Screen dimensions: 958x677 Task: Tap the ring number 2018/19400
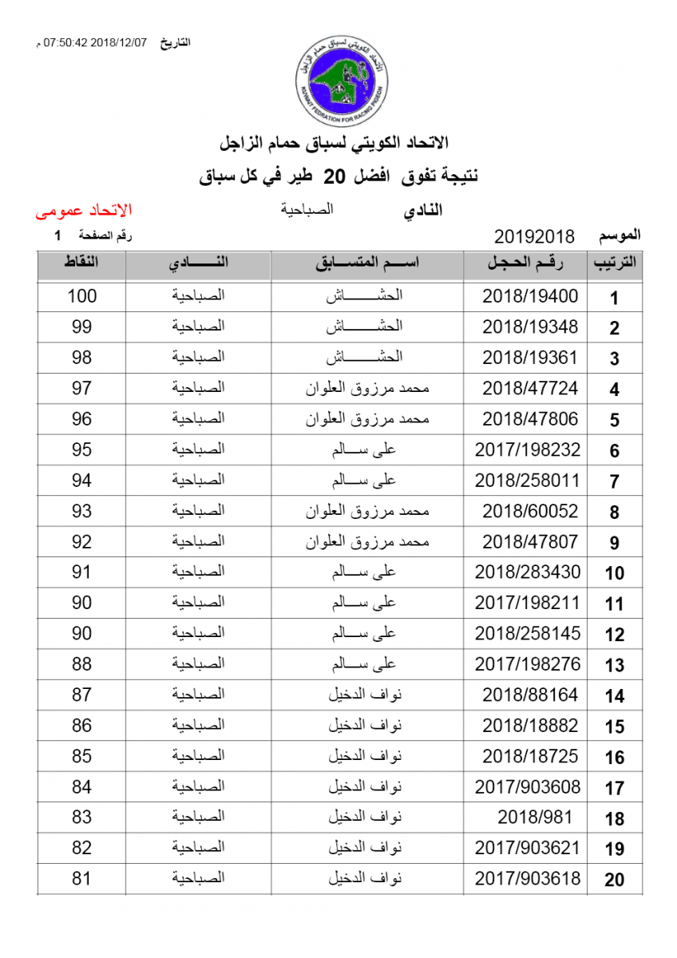tap(529, 296)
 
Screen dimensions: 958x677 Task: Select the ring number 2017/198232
tap(528, 449)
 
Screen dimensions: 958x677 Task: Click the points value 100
tap(81, 296)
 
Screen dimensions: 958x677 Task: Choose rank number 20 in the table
tap(614, 881)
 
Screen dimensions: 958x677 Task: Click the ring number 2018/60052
tap(529, 511)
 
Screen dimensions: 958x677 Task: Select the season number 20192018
tap(535, 236)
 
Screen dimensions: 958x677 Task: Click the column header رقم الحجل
tap(526, 264)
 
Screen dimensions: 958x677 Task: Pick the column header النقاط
tap(81, 264)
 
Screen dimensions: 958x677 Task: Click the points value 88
tap(81, 664)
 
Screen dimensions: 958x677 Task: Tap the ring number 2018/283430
tap(528, 572)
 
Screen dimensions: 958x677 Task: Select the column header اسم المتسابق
tap(367, 264)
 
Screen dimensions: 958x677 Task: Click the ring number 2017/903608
tap(528, 787)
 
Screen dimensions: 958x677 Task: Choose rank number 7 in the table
tap(614, 482)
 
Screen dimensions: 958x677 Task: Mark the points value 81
tap(81, 879)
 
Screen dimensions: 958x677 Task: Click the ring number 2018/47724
tap(529, 388)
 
